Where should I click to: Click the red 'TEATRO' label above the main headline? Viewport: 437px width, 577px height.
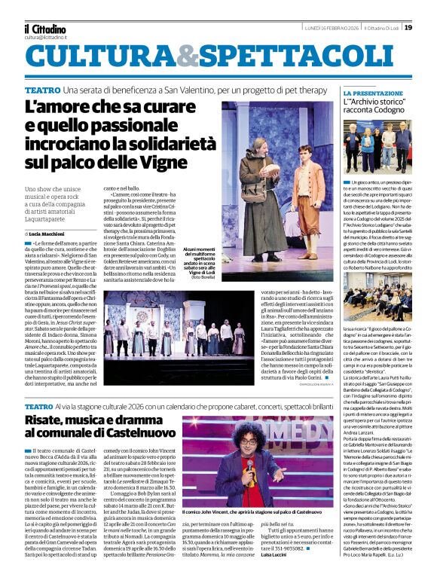[x=43, y=90]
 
